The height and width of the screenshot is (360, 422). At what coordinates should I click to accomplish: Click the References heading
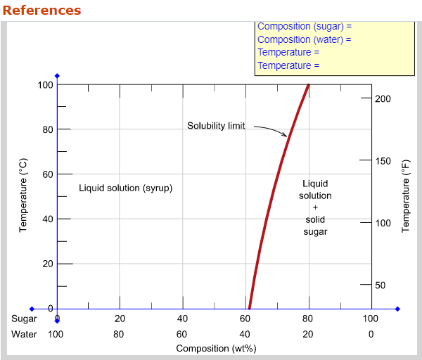click(x=41, y=11)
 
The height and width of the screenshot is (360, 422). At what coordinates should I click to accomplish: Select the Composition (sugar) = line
click(x=304, y=27)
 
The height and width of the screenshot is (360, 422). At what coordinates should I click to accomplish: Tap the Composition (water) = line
click(x=304, y=40)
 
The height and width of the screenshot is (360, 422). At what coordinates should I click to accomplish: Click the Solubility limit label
click(x=216, y=126)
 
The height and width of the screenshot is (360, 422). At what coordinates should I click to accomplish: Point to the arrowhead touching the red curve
click(x=285, y=135)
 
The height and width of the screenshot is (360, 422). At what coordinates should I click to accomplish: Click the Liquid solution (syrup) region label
click(x=125, y=188)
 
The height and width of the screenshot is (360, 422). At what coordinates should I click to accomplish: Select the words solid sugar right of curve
click(x=315, y=226)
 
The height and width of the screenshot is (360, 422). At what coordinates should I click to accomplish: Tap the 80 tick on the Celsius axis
click(x=47, y=129)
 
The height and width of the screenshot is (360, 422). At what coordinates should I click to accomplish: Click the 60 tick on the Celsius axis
click(x=47, y=174)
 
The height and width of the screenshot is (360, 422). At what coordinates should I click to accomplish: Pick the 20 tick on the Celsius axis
click(x=47, y=264)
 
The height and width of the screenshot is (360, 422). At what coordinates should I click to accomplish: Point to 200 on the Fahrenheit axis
click(x=383, y=99)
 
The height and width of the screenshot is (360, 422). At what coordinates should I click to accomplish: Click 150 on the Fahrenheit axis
click(x=383, y=161)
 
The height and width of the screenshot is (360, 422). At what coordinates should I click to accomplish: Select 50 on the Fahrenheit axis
click(x=380, y=285)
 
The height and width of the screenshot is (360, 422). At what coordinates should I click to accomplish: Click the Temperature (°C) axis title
click(x=23, y=195)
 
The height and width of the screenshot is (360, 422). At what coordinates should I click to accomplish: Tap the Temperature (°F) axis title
click(x=406, y=195)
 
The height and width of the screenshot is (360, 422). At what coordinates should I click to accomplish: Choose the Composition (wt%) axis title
click(x=216, y=349)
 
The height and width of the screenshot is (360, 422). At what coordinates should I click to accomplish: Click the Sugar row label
click(x=24, y=319)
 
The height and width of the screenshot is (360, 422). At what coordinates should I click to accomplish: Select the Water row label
click(x=24, y=334)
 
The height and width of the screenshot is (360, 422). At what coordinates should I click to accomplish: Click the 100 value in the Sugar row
click(x=370, y=319)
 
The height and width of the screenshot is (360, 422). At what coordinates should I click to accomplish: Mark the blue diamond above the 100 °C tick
click(x=58, y=76)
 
